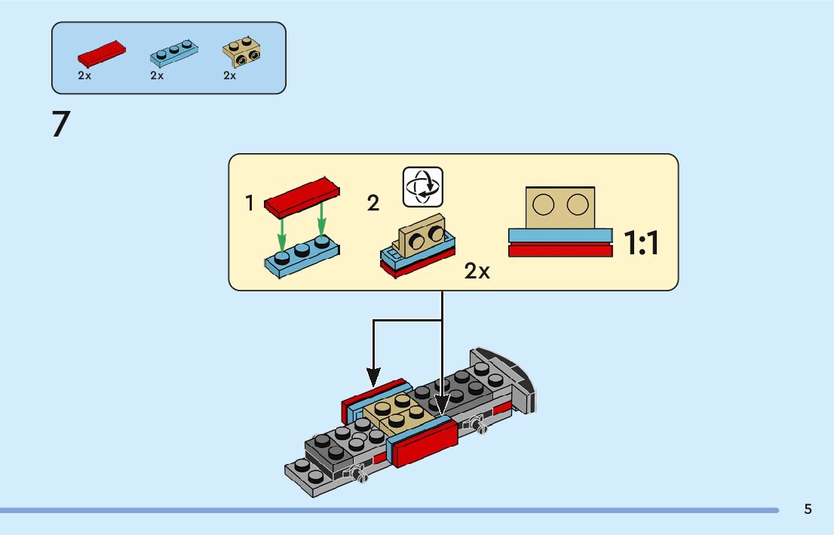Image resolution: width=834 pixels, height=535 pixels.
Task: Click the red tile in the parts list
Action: pyautogui.click(x=102, y=54)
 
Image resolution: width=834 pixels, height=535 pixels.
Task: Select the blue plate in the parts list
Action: pyautogui.click(x=174, y=54)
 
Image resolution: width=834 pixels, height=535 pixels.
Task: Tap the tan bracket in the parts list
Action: pyautogui.click(x=241, y=52)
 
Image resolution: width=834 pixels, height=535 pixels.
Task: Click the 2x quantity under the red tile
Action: pyautogui.click(x=84, y=75)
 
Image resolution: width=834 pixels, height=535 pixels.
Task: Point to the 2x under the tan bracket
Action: pyautogui.click(x=230, y=75)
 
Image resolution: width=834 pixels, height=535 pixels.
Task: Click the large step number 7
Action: pyautogui.click(x=61, y=125)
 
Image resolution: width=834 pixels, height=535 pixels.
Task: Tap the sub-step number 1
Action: pyautogui.click(x=249, y=203)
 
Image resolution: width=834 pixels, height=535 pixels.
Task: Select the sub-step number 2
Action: pyautogui.click(x=373, y=203)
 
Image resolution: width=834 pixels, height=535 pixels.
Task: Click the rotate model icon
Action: pyautogui.click(x=423, y=187)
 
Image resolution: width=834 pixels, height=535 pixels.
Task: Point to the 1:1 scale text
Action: pyautogui.click(x=641, y=243)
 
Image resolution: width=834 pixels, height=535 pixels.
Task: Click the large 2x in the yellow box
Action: pyautogui.click(x=477, y=272)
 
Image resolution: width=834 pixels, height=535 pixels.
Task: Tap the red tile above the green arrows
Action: pyautogui.click(x=302, y=198)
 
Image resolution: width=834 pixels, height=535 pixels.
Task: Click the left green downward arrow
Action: pyautogui.click(x=282, y=234)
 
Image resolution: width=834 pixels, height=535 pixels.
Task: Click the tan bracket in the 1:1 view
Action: pyautogui.click(x=560, y=208)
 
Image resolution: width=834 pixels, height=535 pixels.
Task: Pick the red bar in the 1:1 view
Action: pyautogui.click(x=560, y=250)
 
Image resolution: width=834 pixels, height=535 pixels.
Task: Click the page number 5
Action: pyautogui.click(x=808, y=509)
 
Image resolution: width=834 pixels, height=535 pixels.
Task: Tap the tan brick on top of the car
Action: pyautogui.click(x=397, y=413)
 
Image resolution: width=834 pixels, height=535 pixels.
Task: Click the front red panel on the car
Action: pyautogui.click(x=426, y=444)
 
